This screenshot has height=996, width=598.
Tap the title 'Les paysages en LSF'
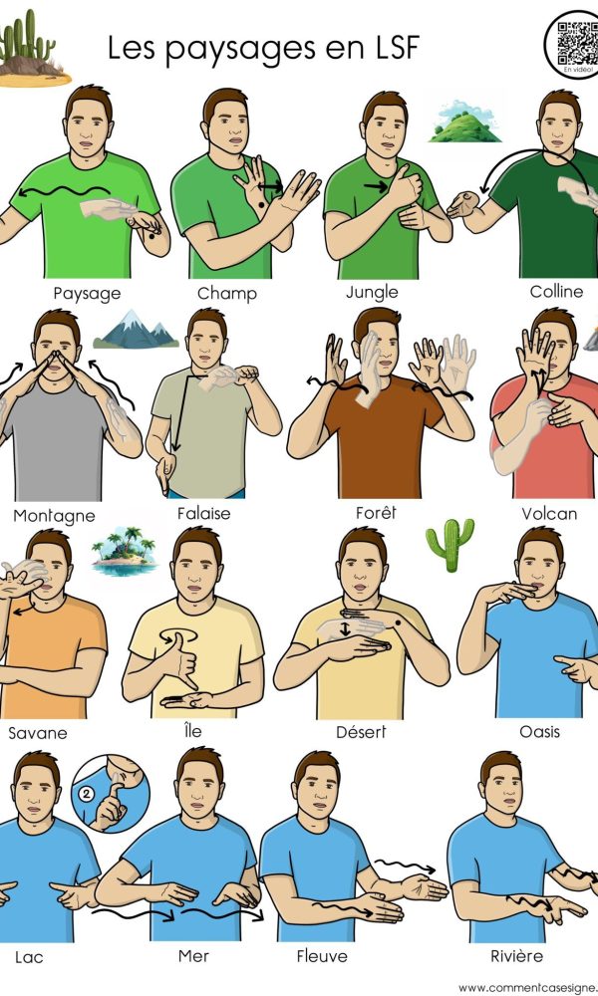tap(264, 49)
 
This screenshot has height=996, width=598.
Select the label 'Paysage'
tap(87, 294)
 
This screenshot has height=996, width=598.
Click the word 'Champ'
tap(227, 294)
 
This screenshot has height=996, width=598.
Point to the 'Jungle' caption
tap(373, 293)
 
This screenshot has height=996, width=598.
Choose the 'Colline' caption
tap(556, 292)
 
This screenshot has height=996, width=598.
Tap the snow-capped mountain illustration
tap(136, 330)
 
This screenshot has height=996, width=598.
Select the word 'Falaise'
tap(204, 513)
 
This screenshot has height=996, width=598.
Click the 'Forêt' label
tap(376, 512)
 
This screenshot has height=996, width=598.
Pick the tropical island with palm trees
tap(124, 551)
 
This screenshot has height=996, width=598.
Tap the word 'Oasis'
tap(539, 732)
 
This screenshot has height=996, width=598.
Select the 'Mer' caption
tap(193, 955)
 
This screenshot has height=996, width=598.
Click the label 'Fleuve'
tap(322, 955)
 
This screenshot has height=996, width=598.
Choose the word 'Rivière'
tap(516, 955)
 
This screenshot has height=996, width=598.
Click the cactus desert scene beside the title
tap(31, 50)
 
